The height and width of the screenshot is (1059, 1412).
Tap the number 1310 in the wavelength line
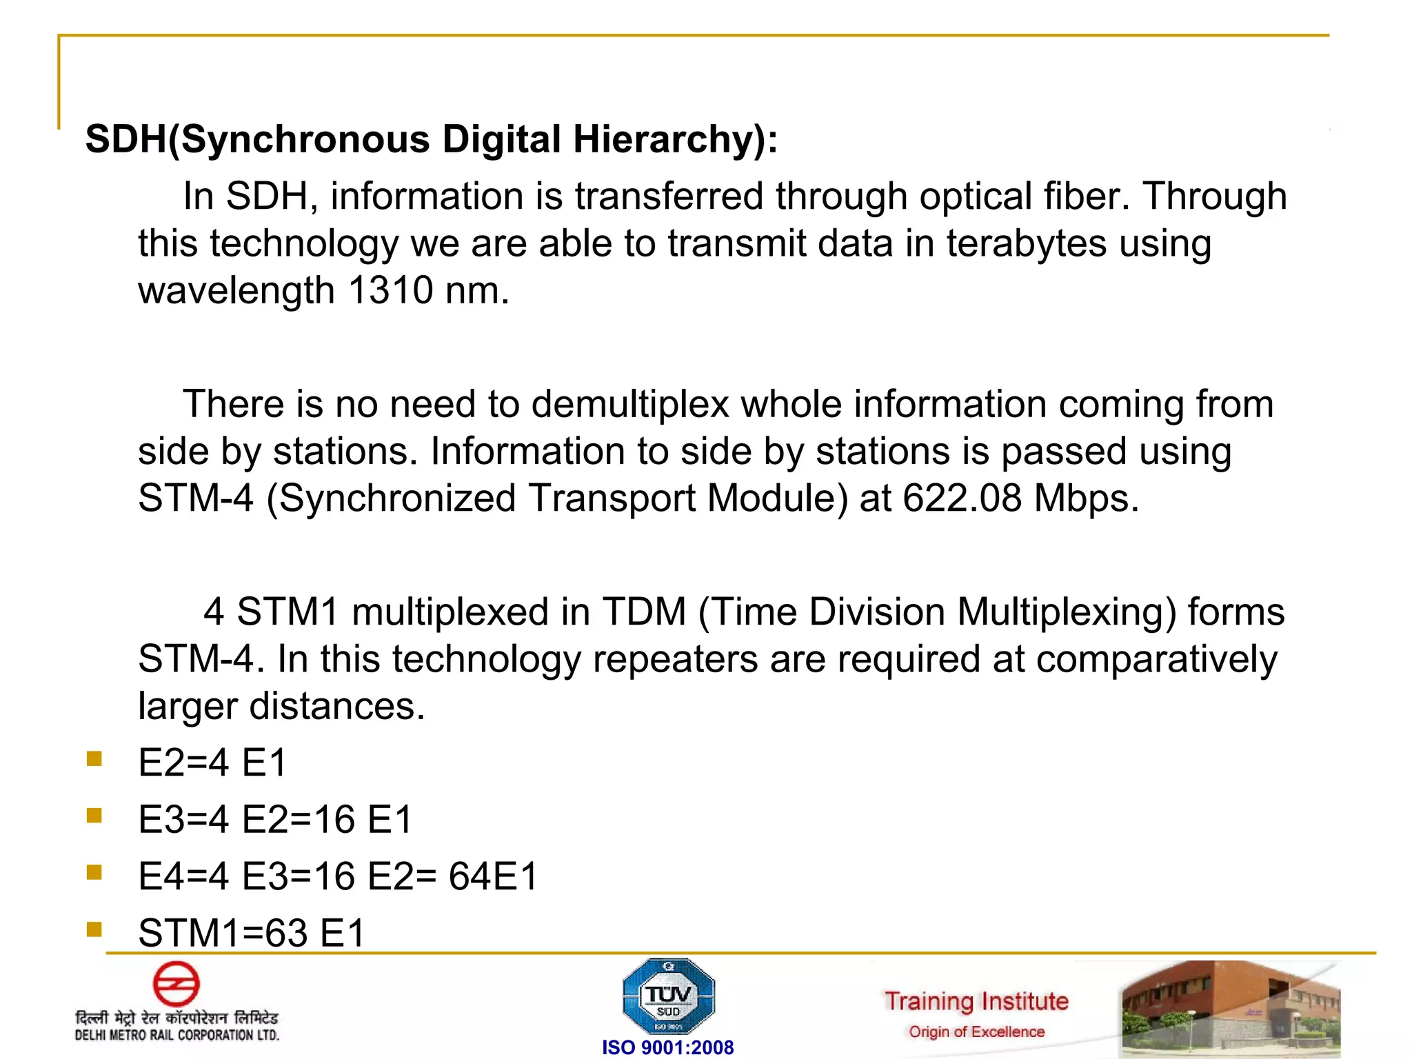coord(390,290)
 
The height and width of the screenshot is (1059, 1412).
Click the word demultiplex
coord(630,405)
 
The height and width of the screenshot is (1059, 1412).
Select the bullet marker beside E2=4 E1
coord(94,759)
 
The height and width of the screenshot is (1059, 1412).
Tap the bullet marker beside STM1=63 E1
coord(94,930)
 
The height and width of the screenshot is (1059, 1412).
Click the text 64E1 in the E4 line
coord(493,877)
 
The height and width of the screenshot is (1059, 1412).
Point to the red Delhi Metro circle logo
coord(176,984)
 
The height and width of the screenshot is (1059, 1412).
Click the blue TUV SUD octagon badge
coord(668,996)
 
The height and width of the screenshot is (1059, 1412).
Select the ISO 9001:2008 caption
coord(667,1047)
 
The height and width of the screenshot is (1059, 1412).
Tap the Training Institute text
coord(976,1001)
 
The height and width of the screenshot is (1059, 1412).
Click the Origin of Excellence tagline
coord(976,1032)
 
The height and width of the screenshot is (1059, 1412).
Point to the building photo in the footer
coord(1231,1009)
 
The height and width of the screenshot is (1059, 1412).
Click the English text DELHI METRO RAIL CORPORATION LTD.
coord(177,1035)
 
